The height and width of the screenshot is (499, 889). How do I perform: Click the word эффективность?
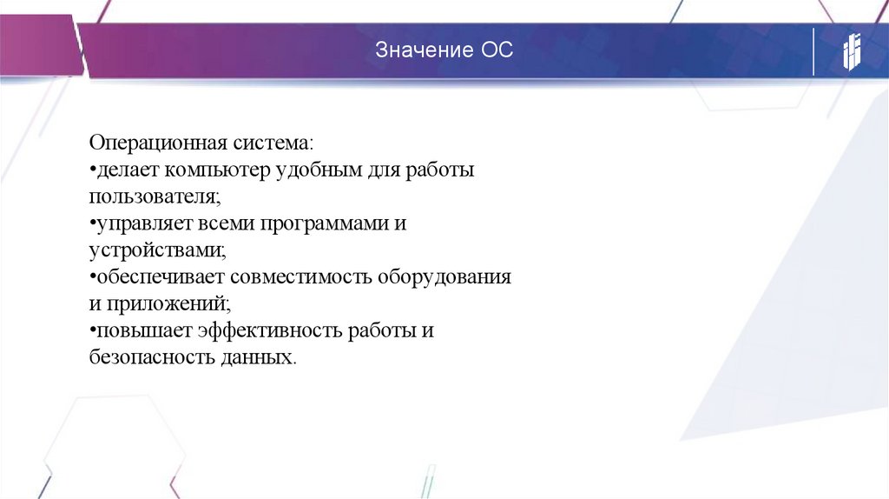tap(270, 331)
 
